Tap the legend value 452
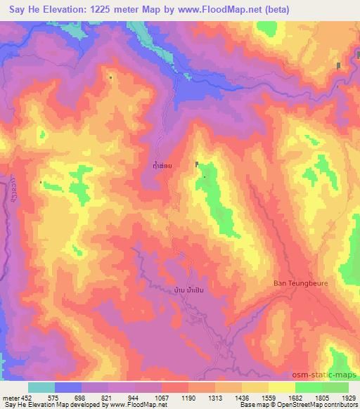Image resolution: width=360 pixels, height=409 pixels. [x=26, y=397]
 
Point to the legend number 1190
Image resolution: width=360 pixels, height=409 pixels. [x=188, y=397]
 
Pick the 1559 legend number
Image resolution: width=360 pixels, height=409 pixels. [x=269, y=397]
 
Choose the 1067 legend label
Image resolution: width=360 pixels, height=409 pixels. [x=162, y=397]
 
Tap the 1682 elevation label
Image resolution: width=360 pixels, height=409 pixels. [x=295, y=397]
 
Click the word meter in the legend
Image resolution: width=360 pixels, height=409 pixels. [x=11, y=397]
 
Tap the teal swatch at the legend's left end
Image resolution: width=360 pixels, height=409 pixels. [x=41, y=387]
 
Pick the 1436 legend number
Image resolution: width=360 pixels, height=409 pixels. [x=242, y=397]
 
